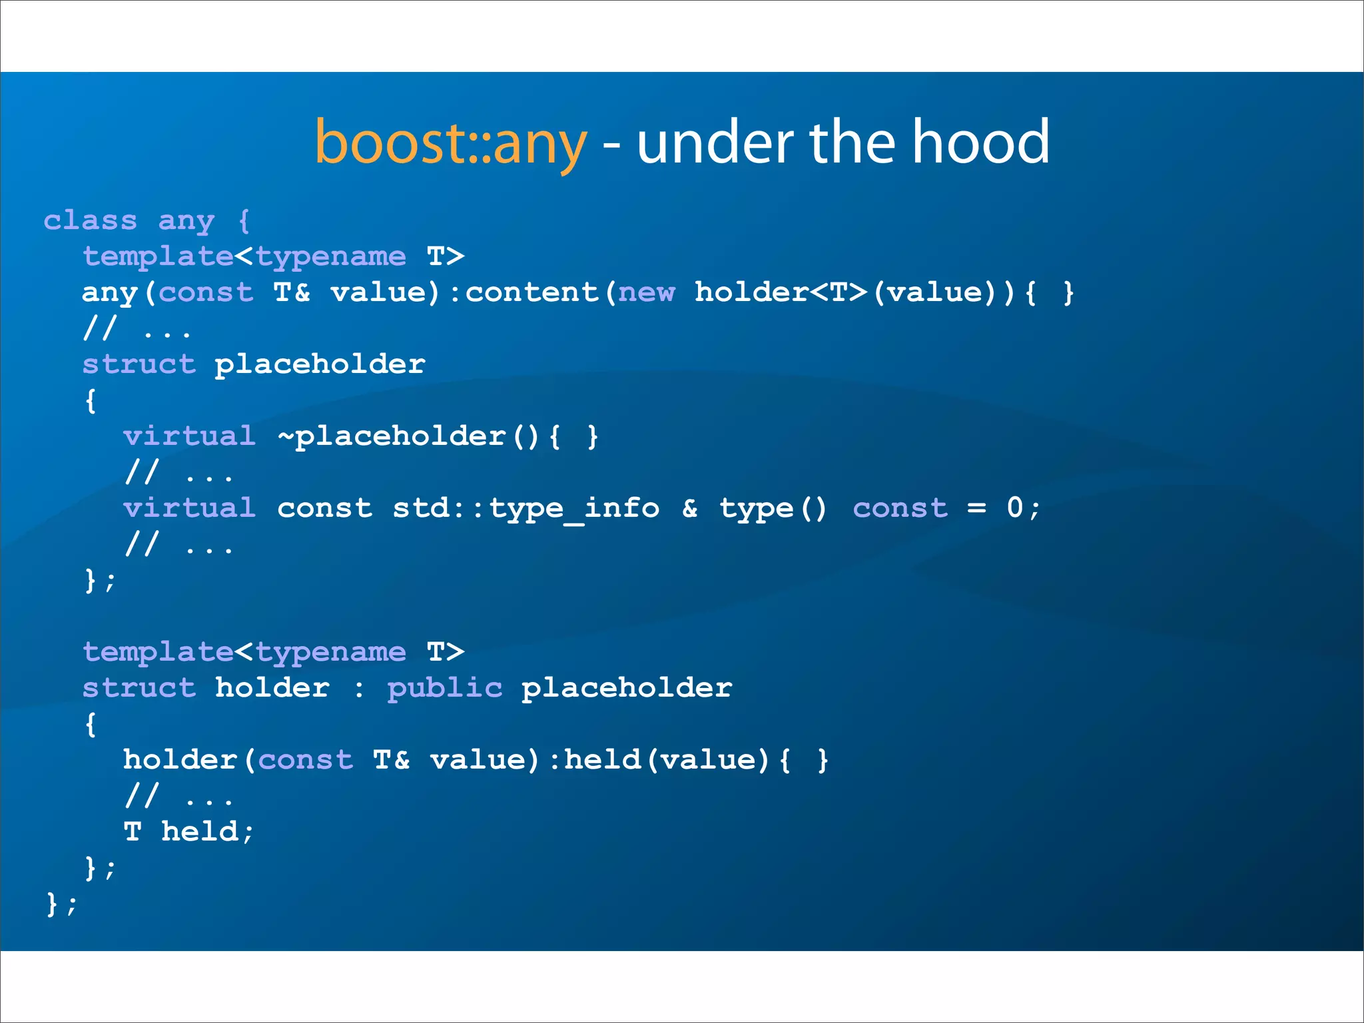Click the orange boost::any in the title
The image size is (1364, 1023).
point(451,143)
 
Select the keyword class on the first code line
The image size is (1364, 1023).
point(91,220)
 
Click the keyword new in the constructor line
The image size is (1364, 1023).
point(646,292)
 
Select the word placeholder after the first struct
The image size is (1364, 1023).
point(320,364)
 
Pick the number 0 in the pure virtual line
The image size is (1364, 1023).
point(1014,508)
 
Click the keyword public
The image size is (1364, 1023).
point(444,688)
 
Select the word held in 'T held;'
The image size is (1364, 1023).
point(200,831)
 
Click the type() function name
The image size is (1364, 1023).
point(773,509)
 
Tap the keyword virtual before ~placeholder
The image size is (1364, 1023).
point(190,437)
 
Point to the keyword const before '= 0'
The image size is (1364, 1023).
point(900,509)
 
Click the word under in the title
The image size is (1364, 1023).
point(716,143)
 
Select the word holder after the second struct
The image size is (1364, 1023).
point(272,688)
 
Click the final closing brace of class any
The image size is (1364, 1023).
point(52,904)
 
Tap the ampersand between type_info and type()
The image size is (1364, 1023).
point(690,509)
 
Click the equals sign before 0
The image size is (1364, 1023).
point(976,509)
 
